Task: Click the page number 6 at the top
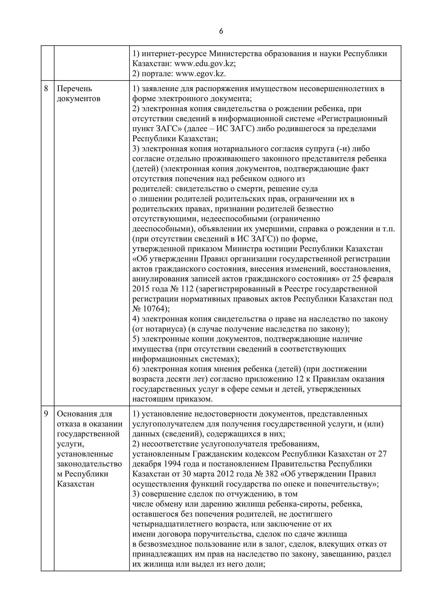coord(221,31)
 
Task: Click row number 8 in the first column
coord(46,89)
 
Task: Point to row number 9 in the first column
coord(46,414)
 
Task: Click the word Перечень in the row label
coord(74,89)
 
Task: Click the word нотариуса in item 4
coord(165,329)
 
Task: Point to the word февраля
coord(377,279)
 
